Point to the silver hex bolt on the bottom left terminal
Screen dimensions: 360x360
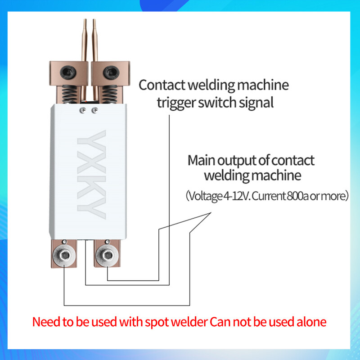(64, 256)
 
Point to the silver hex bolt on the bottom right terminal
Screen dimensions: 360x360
(107, 256)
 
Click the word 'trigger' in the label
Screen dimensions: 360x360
(175, 102)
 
